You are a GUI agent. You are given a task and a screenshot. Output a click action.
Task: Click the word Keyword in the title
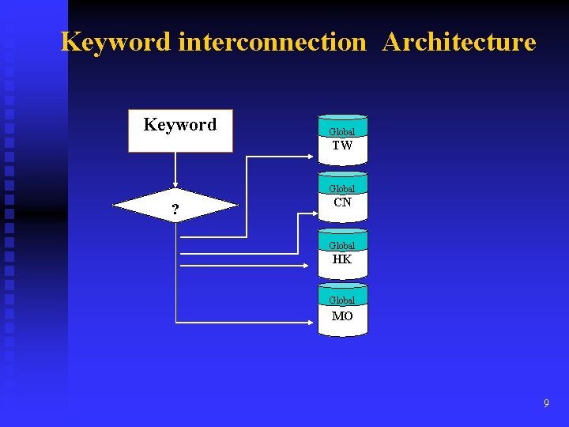coord(117,42)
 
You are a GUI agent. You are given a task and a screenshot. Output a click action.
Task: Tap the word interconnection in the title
coord(273,42)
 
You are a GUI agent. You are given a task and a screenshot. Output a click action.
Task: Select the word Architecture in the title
coord(458,42)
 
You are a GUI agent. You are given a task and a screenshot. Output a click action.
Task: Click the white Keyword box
coord(180,130)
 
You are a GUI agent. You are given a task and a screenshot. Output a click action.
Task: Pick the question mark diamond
coord(175,207)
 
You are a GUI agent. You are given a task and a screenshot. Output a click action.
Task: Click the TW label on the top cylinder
coord(342,145)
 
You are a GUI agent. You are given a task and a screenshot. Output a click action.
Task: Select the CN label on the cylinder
coord(342,202)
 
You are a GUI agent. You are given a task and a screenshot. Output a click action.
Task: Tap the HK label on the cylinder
coord(342,259)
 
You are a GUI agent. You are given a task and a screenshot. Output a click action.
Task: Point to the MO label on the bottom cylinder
coord(342,316)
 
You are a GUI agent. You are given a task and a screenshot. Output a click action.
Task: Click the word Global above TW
coord(342,132)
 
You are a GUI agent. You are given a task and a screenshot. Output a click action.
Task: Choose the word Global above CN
coord(342,189)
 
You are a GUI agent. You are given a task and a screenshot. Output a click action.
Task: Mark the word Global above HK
coord(342,246)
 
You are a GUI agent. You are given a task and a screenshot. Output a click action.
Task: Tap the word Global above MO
coord(342,300)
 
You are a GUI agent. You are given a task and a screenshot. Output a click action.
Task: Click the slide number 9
coord(546,404)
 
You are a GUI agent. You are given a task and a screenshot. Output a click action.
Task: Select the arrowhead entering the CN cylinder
coord(314,211)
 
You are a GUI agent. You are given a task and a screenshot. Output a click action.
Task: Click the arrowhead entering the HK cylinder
coord(314,266)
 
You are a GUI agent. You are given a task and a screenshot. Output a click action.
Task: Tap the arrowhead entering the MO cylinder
coord(314,323)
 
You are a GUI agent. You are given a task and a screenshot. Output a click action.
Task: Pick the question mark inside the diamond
coord(175,210)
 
